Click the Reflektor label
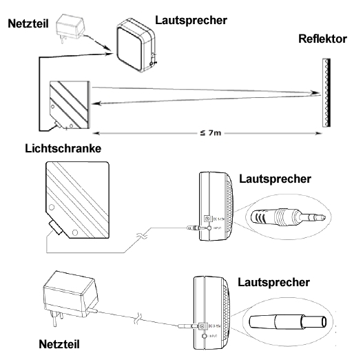(322, 40)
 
